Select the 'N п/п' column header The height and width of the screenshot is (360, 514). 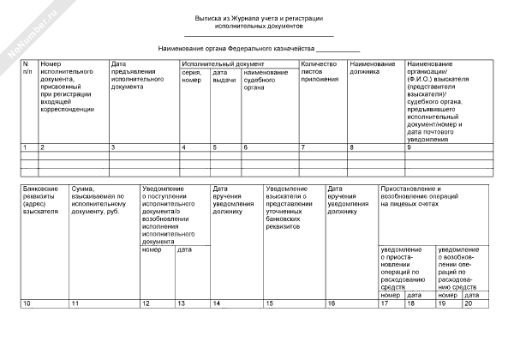[27, 68]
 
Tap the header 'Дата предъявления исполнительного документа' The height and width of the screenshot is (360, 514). [137, 75]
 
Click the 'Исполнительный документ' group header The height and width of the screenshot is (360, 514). [223, 64]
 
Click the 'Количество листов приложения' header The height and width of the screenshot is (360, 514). [319, 72]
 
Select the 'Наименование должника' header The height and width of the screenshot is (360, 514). [373, 68]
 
